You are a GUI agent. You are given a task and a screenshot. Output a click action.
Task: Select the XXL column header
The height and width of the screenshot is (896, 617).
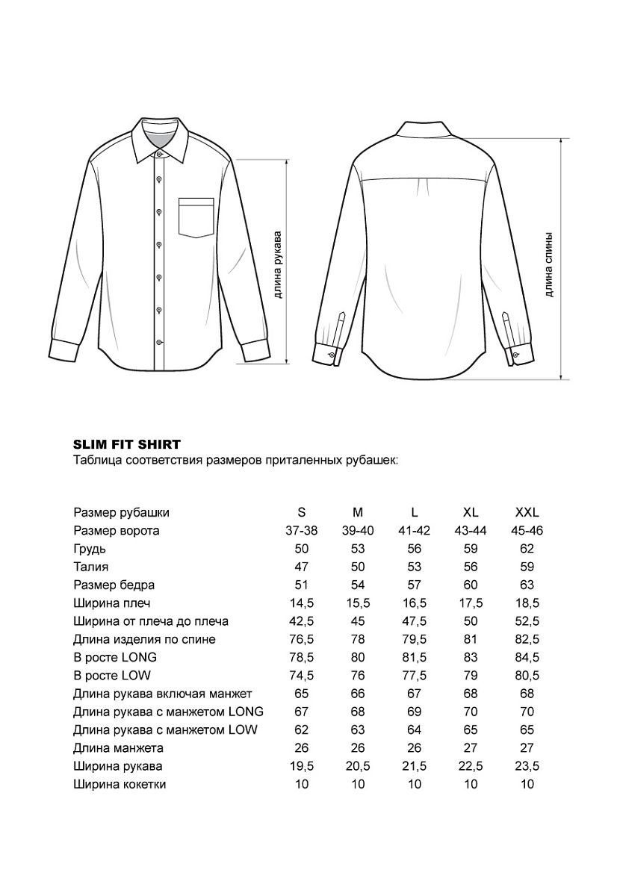click(527, 513)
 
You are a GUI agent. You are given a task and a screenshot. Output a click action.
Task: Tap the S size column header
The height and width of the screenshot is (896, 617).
click(302, 513)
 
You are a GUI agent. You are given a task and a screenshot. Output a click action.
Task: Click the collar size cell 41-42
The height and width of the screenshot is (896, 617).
click(415, 531)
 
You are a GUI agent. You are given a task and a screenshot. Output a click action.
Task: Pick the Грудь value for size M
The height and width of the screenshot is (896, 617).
click(358, 549)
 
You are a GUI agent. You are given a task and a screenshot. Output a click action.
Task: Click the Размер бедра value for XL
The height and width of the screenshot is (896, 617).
click(471, 585)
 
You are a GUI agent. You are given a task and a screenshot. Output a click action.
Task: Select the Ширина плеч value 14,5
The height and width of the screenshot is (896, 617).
click(302, 603)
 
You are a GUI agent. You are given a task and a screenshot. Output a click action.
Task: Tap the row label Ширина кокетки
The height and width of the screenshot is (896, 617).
click(120, 784)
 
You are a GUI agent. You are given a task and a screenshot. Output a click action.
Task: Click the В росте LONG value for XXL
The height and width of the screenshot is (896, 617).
click(527, 657)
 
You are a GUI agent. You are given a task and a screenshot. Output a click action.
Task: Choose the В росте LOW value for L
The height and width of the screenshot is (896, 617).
click(415, 676)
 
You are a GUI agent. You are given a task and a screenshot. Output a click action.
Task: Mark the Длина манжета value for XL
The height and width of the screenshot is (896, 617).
click(471, 748)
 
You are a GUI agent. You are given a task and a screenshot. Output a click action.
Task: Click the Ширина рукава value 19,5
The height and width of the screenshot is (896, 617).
click(302, 766)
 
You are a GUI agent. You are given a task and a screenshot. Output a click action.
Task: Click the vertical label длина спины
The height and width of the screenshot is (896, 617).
click(549, 264)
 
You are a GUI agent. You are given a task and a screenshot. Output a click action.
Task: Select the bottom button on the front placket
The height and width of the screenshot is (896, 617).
click(159, 341)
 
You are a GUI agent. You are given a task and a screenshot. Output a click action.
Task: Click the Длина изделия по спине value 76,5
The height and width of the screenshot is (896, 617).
click(302, 639)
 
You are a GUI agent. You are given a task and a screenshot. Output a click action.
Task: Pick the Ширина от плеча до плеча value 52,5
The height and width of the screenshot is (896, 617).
click(527, 621)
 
